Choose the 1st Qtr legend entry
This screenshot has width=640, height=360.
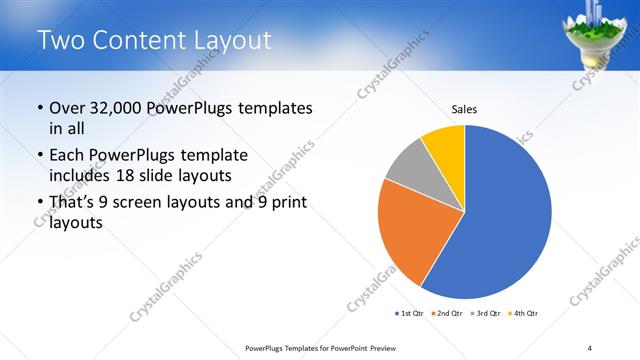tap(408, 313)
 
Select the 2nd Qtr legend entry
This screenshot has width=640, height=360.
tap(446, 313)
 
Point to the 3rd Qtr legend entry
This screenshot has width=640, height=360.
tap(485, 313)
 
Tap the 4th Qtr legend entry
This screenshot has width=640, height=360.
tap(523, 313)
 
